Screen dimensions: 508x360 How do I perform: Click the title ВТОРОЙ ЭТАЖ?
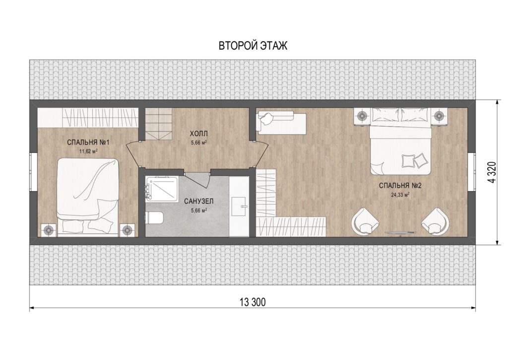253,46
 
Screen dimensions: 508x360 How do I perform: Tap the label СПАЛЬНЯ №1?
89,143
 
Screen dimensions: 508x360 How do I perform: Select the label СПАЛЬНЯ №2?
400,186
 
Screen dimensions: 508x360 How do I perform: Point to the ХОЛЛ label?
198,133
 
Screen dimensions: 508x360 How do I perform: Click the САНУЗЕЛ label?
198,202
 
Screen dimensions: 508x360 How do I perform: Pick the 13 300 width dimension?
253,302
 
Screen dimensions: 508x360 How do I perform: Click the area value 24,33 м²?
400,195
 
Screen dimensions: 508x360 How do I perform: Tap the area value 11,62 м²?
88,151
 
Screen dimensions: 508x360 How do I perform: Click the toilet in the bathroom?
154,217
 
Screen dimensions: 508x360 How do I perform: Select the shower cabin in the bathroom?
162,189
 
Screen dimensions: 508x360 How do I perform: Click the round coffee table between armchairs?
400,232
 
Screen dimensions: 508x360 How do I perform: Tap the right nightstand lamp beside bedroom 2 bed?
439,116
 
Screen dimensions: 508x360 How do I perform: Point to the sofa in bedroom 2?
281,122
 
